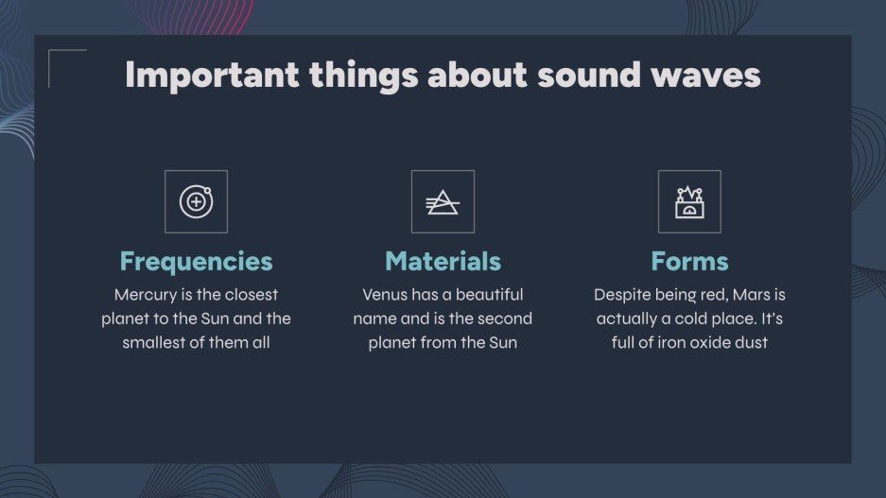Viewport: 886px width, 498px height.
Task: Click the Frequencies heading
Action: pos(196,261)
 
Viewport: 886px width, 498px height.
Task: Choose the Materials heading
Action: pos(443,261)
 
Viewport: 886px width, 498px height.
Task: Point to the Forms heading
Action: pos(689,261)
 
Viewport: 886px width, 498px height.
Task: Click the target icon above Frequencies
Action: pos(196,201)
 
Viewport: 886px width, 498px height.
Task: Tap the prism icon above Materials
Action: pos(443,201)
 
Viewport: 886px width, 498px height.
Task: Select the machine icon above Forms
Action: pos(689,201)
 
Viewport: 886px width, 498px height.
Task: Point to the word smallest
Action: pos(154,342)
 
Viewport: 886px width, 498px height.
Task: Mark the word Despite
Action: pos(621,295)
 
